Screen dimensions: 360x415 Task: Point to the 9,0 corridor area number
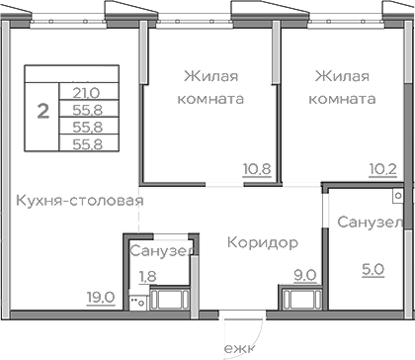304,275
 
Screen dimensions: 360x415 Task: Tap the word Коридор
262,242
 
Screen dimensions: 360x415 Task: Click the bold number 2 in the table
42,110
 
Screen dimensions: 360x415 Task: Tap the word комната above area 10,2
342,99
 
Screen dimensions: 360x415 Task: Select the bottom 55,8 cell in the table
87,143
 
